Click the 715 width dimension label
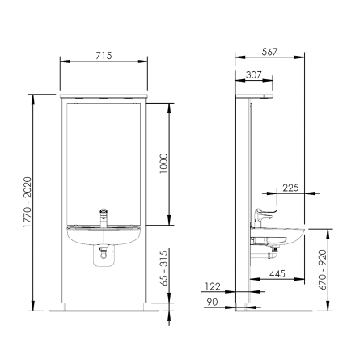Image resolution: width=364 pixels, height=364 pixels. tap(104, 56)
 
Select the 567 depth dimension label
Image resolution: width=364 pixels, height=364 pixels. tap(269, 52)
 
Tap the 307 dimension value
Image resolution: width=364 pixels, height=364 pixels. tap(253, 74)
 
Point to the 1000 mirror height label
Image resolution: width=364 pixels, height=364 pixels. tap(163, 163)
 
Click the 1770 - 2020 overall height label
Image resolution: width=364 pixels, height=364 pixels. tap(28, 202)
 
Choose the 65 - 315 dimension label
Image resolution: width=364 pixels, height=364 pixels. tap(163, 268)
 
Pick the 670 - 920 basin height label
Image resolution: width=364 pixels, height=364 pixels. tap(323, 270)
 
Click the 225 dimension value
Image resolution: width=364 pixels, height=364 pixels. tap(290, 188)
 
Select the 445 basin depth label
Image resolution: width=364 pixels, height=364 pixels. tap(277, 274)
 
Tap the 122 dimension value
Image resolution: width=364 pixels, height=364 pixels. tap(213, 286)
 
